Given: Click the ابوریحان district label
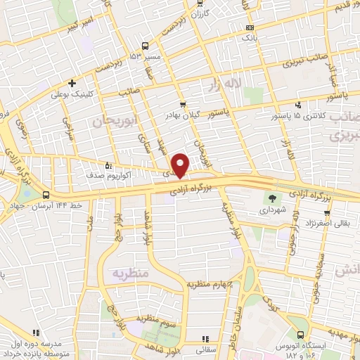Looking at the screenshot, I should (113, 121).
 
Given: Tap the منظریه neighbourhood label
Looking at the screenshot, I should (129, 271).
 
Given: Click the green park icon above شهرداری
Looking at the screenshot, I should (274, 198).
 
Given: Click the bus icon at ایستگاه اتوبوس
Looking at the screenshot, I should (301, 335).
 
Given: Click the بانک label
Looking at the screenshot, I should (250, 38).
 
